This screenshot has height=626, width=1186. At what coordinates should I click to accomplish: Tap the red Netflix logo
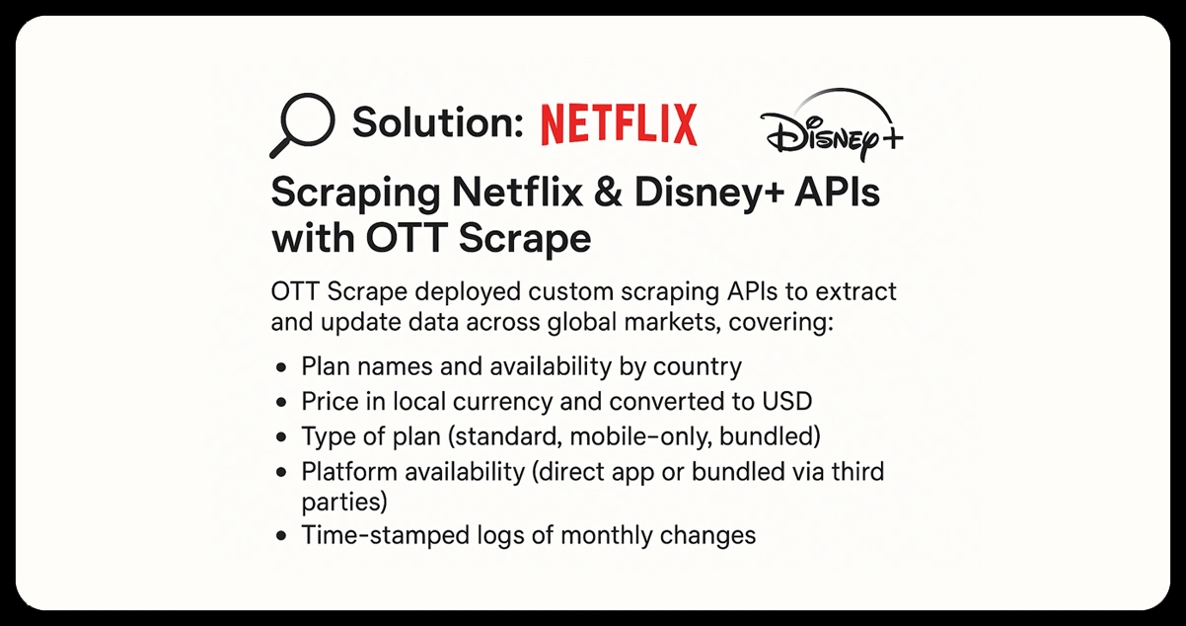click(619, 124)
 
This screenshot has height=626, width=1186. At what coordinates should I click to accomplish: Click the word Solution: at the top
click(436, 123)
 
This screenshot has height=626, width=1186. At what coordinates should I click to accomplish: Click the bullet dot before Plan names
click(282, 367)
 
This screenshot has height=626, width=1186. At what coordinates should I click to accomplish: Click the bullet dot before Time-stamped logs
click(282, 536)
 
